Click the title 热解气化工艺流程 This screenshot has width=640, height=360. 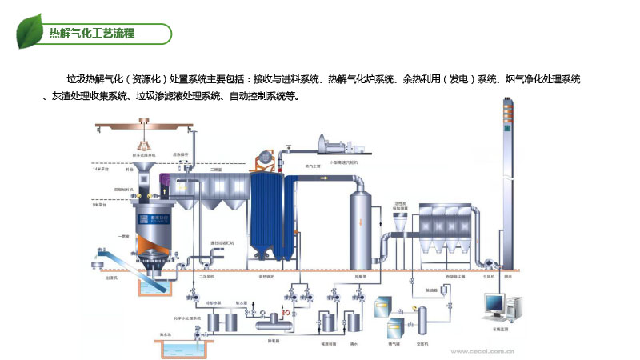[x=92, y=34]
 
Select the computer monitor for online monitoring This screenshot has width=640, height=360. [x=494, y=305]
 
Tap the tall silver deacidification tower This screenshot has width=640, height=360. [x=362, y=228]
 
